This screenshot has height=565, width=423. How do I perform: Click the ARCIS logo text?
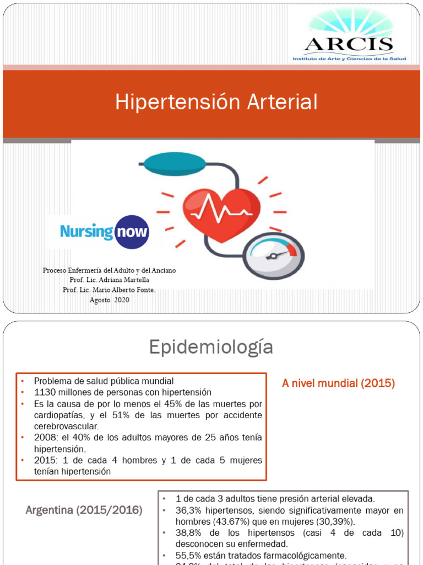point(349,44)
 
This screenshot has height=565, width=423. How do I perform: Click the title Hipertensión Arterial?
point(216,102)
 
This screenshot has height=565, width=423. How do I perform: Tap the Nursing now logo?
point(104,231)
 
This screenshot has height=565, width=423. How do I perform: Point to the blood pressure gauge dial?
point(273,255)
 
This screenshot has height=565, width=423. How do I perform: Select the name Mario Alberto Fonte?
point(123,290)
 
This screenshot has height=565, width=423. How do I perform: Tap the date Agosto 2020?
point(109,300)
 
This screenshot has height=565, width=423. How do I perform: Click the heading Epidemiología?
point(211,347)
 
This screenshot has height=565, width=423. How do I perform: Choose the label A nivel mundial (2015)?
point(338,383)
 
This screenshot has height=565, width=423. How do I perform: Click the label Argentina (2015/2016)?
point(84,510)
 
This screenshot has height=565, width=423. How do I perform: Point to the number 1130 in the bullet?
point(46,392)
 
